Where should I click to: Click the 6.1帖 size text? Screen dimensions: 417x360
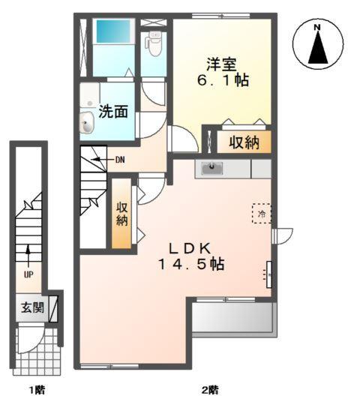[223, 79]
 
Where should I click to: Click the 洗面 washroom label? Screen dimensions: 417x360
[113, 112]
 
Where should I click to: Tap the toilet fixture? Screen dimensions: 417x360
[154, 46]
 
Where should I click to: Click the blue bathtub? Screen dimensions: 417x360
[112, 32]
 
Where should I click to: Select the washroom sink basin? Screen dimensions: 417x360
[86, 119]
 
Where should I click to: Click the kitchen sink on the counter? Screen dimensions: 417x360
[213, 167]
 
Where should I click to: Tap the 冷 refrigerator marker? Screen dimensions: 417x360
[262, 214]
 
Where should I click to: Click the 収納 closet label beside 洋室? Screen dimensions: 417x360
[244, 142]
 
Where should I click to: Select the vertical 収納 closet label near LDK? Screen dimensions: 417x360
[122, 214]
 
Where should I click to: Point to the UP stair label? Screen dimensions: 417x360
[28, 274]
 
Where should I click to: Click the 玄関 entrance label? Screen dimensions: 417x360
[31, 308]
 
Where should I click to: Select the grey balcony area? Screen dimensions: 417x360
[233, 319]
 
